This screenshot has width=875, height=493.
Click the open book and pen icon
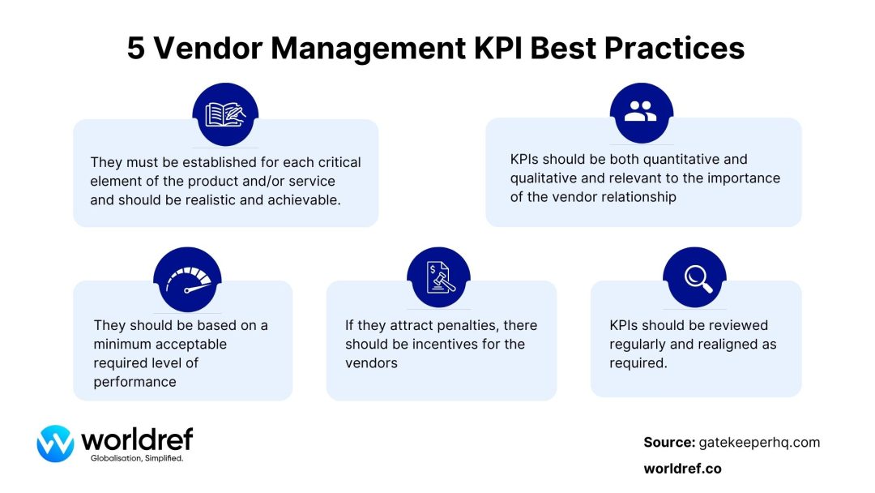click(225, 114)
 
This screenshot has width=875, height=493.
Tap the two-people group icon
click(641, 112)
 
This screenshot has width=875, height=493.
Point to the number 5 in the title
click(137, 49)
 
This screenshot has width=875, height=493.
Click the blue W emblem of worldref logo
click(55, 444)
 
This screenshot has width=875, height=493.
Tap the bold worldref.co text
click(682, 469)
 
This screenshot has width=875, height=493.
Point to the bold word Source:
click(669, 442)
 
